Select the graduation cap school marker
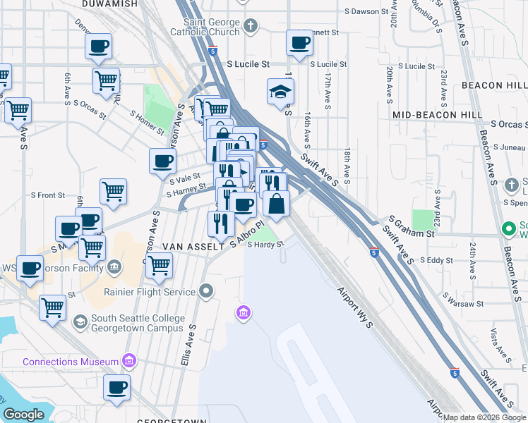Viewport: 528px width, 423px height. pos(280,92)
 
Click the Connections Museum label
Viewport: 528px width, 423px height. pos(71,362)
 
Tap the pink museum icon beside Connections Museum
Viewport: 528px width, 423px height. pos(128,362)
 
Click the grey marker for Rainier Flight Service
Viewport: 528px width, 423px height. pos(206,290)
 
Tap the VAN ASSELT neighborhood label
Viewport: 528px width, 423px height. pos(188,246)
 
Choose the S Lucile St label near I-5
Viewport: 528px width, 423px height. pos(248,63)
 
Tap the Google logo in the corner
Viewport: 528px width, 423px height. pos(23,415)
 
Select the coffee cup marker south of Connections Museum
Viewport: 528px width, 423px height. pos(117,386)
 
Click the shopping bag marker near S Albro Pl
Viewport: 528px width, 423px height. pos(276,204)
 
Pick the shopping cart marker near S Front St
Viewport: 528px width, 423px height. pos(113,190)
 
